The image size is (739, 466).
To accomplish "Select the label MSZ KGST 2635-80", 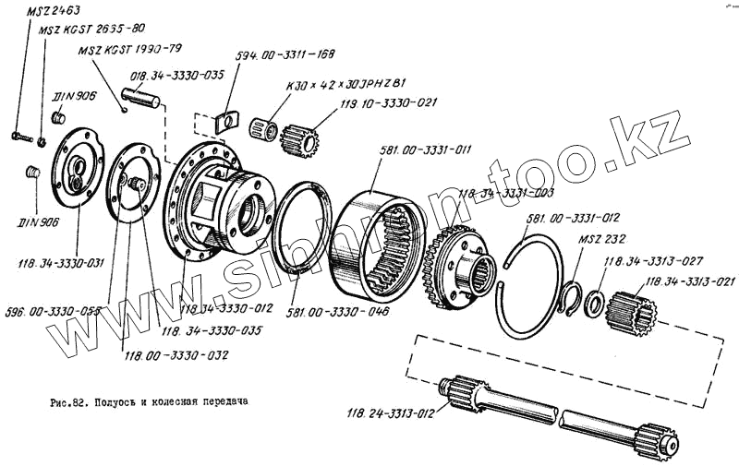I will pos(91,30).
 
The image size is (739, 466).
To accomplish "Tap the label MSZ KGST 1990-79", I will pos(129,50).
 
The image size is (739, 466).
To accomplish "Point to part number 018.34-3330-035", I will pos(178,75).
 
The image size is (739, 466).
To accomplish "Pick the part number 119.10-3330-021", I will pos(387,105).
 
